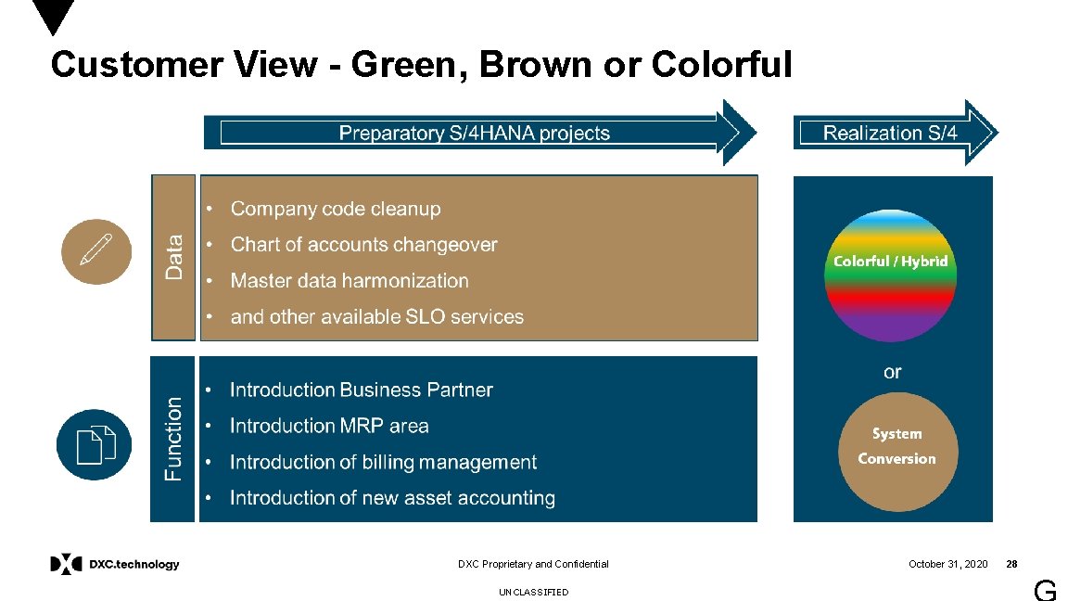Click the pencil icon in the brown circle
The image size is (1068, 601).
(x=96, y=249)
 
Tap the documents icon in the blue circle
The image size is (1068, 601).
(x=95, y=444)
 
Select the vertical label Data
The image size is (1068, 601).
(x=174, y=257)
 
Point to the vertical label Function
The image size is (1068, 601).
(x=173, y=439)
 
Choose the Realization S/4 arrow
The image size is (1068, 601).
(x=893, y=133)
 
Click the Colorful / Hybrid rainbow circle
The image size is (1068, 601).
(x=890, y=275)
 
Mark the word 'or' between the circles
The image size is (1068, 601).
(x=892, y=372)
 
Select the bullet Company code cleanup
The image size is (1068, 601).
(x=335, y=210)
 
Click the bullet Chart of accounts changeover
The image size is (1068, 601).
(x=363, y=245)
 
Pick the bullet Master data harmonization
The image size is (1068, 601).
(x=350, y=281)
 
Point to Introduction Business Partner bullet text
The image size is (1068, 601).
(x=361, y=390)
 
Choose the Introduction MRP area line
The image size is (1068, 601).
(x=329, y=426)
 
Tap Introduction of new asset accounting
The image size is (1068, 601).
(x=392, y=498)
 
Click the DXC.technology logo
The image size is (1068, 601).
(x=115, y=564)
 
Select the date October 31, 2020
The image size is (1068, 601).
(x=947, y=564)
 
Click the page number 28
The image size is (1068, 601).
(x=1011, y=564)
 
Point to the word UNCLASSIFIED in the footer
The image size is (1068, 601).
(x=533, y=592)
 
